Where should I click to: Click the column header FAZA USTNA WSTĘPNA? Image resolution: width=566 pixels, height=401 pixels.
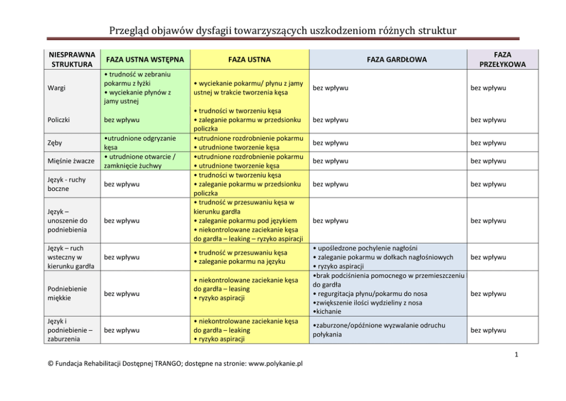tap(142, 59)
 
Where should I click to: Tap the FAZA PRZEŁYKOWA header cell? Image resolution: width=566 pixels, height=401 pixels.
tap(503, 59)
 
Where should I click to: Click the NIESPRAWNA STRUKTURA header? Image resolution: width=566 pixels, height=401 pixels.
tap(71, 59)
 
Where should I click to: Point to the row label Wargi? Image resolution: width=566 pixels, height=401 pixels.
tap(56, 88)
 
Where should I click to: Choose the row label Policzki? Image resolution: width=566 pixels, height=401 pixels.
tap(60, 120)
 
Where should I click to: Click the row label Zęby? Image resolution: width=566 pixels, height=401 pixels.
tap(55, 143)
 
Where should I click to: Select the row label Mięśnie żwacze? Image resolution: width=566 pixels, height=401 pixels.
tap(71, 161)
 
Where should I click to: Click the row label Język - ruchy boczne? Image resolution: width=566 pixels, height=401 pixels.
tap(67, 184)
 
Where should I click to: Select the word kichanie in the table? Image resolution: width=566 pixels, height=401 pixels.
tap(329, 312)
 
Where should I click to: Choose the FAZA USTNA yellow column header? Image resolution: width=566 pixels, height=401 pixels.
tap(249, 59)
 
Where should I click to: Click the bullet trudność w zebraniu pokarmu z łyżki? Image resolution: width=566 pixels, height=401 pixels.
tap(137, 79)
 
